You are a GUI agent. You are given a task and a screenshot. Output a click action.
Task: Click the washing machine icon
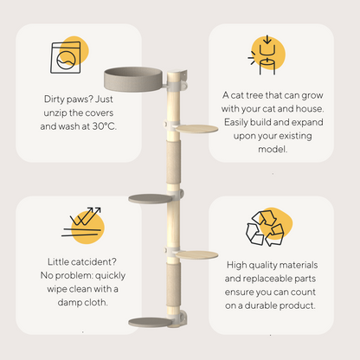66,57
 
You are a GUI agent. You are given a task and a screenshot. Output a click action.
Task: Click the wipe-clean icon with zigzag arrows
82,222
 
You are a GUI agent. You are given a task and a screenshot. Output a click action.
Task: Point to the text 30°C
105,126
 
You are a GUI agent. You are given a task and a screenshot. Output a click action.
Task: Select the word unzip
55,113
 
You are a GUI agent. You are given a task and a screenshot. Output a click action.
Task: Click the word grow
312,96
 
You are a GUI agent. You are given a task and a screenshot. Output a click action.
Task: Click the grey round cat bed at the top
133,79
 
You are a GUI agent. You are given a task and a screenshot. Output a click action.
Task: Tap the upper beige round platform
196,129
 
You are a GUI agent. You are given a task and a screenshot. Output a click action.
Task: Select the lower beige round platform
196,255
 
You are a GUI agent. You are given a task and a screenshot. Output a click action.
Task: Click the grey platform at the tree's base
150,322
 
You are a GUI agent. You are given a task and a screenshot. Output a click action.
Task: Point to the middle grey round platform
150,198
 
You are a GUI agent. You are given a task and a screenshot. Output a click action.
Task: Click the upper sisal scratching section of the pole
174,162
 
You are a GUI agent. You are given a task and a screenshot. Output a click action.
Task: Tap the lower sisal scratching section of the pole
174,284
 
